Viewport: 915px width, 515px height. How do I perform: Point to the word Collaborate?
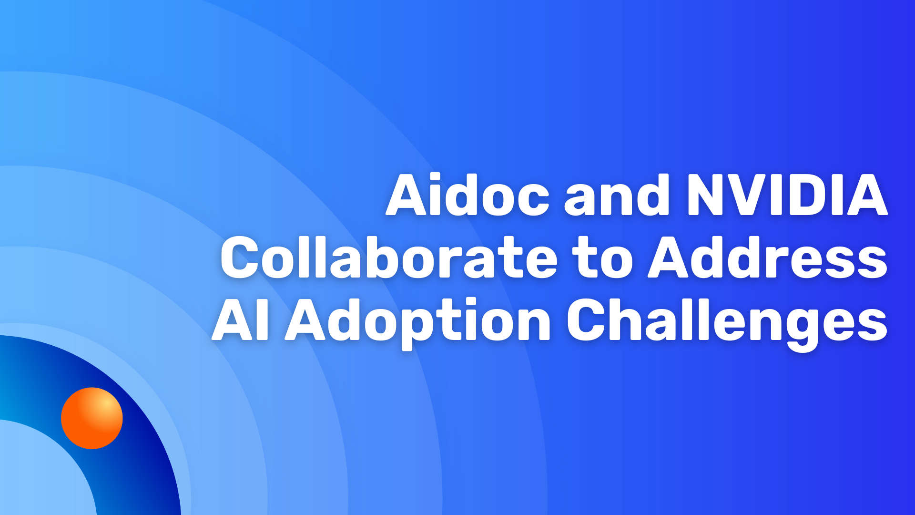pos(388,257)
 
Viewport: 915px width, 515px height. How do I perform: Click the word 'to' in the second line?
pos(603,260)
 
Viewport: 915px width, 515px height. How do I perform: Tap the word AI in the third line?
pos(241,320)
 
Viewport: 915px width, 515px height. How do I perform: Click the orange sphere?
pos(92,418)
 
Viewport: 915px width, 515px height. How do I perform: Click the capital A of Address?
pos(670,257)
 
